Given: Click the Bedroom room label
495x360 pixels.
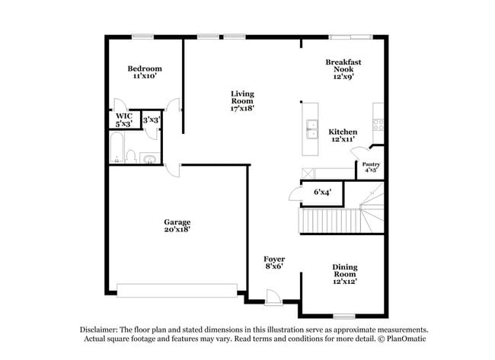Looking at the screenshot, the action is [145, 68].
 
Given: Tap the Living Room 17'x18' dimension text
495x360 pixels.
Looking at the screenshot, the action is [242, 108].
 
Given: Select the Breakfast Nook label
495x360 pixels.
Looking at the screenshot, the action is [343, 65].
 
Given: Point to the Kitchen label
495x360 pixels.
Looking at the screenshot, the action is [343, 132].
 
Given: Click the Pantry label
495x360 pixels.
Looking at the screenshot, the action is [371, 164].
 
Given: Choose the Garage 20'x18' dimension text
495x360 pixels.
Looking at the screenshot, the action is [177, 229].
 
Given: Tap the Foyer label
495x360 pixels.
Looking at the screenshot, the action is [274, 259].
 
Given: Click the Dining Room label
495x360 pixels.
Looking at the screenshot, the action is [345, 270].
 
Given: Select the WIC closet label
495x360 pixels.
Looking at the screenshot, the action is [123, 116].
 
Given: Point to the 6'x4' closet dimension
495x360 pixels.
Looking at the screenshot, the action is [323, 192].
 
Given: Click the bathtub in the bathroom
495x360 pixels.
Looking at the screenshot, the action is [117, 148].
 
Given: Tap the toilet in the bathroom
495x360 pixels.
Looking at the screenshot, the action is [131, 156].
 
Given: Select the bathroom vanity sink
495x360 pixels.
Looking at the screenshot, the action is [150, 158].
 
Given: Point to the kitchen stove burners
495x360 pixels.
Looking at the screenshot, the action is [378, 125].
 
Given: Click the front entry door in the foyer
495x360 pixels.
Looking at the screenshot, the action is [273, 298].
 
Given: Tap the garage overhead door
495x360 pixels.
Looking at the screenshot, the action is [177, 290].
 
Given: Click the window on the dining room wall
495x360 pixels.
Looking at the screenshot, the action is [344, 316].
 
